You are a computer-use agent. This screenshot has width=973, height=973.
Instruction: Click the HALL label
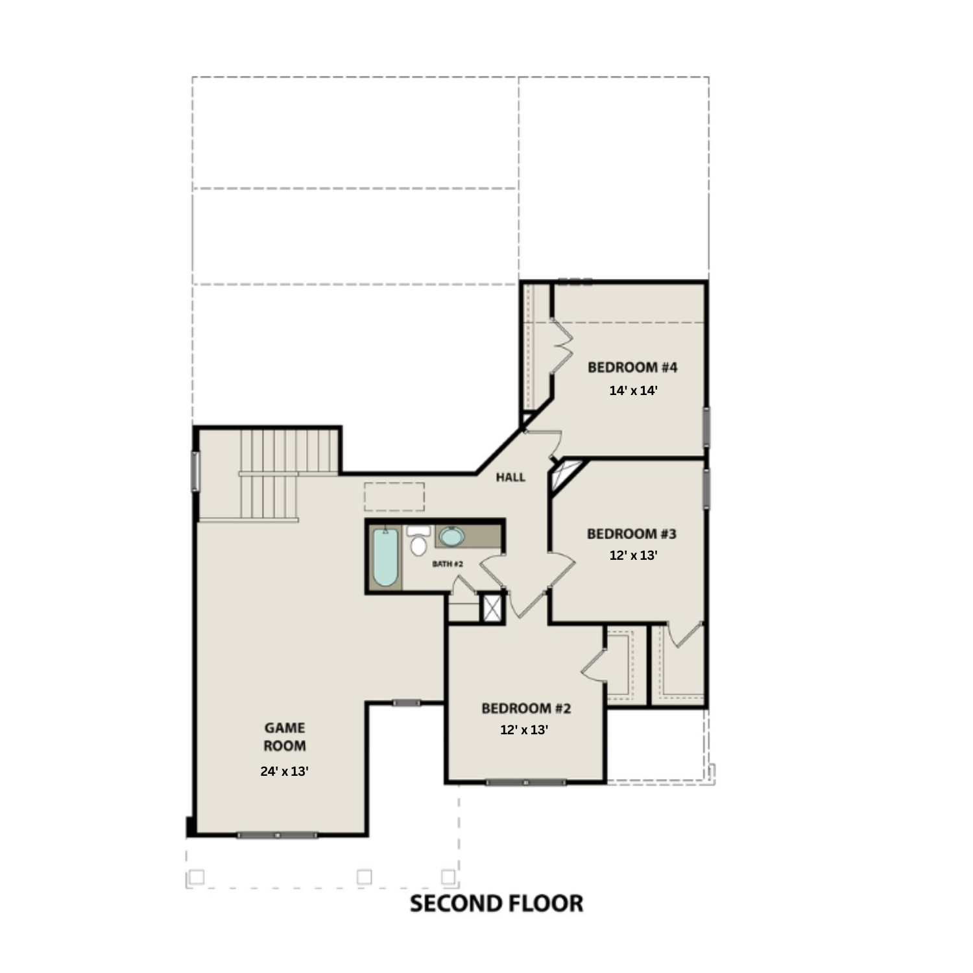(511, 477)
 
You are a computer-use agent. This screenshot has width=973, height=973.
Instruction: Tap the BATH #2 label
(448, 564)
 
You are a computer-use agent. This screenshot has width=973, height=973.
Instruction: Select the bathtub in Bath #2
(385, 558)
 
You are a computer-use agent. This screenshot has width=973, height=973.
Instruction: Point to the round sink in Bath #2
(451, 536)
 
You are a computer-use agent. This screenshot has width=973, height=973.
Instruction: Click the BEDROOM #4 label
(632, 368)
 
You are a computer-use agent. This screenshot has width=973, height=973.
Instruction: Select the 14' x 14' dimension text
(633, 390)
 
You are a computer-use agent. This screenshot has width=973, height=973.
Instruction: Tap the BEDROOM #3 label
(631, 534)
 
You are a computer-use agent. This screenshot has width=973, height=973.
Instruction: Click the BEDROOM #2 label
(526, 708)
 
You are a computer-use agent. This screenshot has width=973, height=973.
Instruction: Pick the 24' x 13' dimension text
(284, 771)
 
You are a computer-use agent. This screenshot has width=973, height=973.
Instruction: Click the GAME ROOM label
(284, 737)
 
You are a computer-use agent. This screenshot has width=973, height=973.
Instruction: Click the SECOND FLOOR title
(496, 903)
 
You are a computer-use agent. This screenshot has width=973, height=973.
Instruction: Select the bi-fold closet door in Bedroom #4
(561, 346)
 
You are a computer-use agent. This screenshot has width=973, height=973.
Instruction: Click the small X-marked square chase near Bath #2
(492, 608)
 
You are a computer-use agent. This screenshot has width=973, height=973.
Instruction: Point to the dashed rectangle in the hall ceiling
(394, 496)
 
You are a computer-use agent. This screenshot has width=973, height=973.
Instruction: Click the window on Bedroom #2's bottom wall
(525, 782)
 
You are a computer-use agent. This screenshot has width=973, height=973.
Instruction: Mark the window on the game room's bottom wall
(277, 835)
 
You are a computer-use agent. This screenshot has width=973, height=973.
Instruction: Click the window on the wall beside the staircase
(194, 471)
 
